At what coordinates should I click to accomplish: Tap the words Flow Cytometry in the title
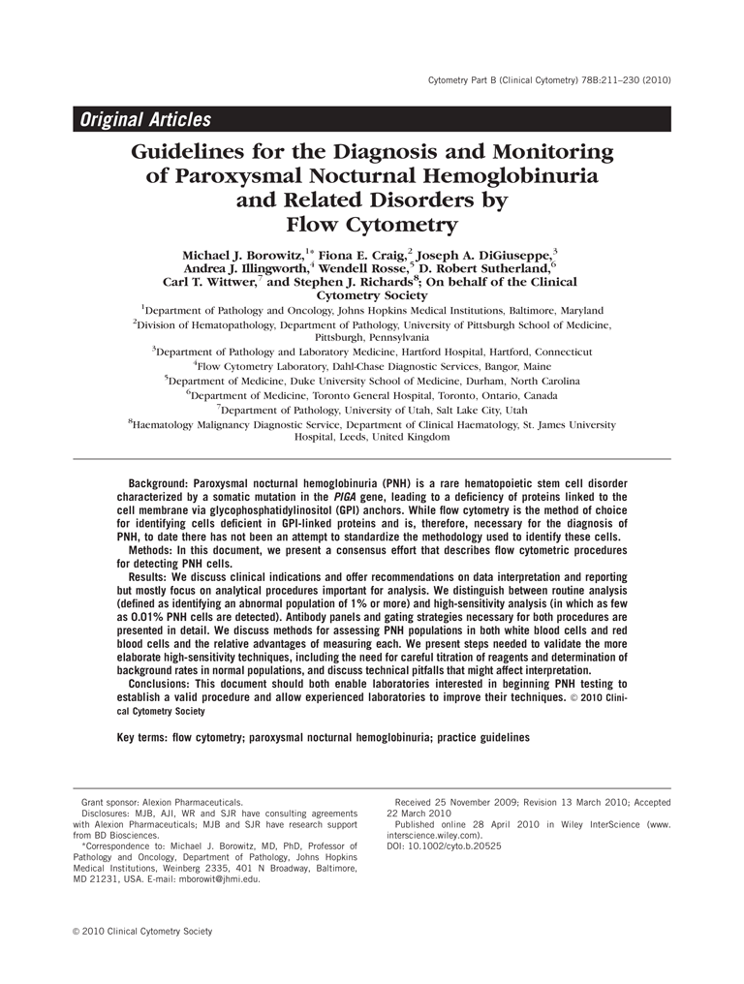[x=372, y=226]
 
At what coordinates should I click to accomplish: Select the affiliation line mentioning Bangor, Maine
[x=372, y=367]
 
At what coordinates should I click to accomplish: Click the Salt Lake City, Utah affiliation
[x=372, y=410]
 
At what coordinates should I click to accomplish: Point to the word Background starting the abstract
[x=158, y=483]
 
